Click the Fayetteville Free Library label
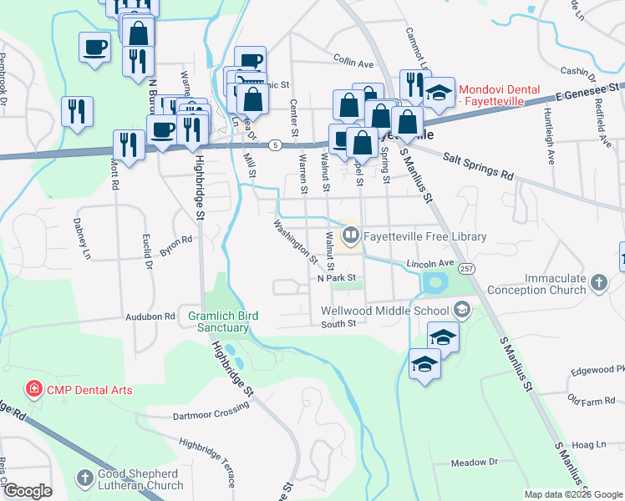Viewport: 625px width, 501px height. coord(424,237)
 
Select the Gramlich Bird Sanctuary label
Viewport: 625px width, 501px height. coord(223,321)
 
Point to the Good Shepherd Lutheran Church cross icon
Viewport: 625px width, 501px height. coord(84,478)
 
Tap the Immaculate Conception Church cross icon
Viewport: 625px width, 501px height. coord(597,282)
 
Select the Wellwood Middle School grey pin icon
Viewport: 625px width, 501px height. coord(461,311)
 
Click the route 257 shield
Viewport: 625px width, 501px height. coord(466,268)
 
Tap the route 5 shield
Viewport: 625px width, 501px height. coord(274,145)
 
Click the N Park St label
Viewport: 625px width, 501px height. coord(337,278)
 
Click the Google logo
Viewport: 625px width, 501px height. coord(28,491)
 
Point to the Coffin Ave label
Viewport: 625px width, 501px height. coord(353,63)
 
